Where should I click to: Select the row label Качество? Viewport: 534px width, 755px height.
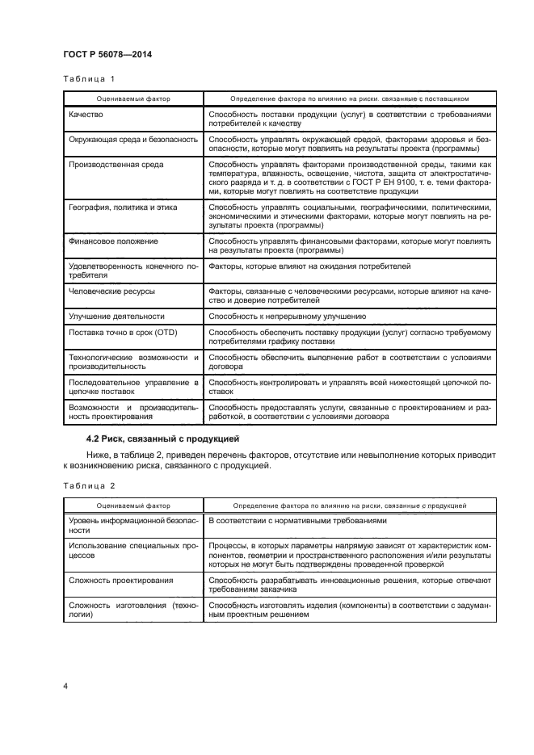[x=88, y=115]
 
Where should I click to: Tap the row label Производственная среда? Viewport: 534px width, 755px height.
[x=116, y=165]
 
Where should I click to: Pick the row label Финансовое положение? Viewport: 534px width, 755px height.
[x=113, y=241]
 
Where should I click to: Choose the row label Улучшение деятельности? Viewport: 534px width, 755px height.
[x=117, y=316]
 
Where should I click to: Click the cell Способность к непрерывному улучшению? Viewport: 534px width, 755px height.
[x=288, y=316]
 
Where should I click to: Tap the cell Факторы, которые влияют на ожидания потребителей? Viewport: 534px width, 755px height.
[x=309, y=266]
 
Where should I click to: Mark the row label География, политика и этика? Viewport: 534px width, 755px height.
[x=124, y=208]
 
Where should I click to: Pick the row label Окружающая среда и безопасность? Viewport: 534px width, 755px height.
[x=133, y=140]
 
